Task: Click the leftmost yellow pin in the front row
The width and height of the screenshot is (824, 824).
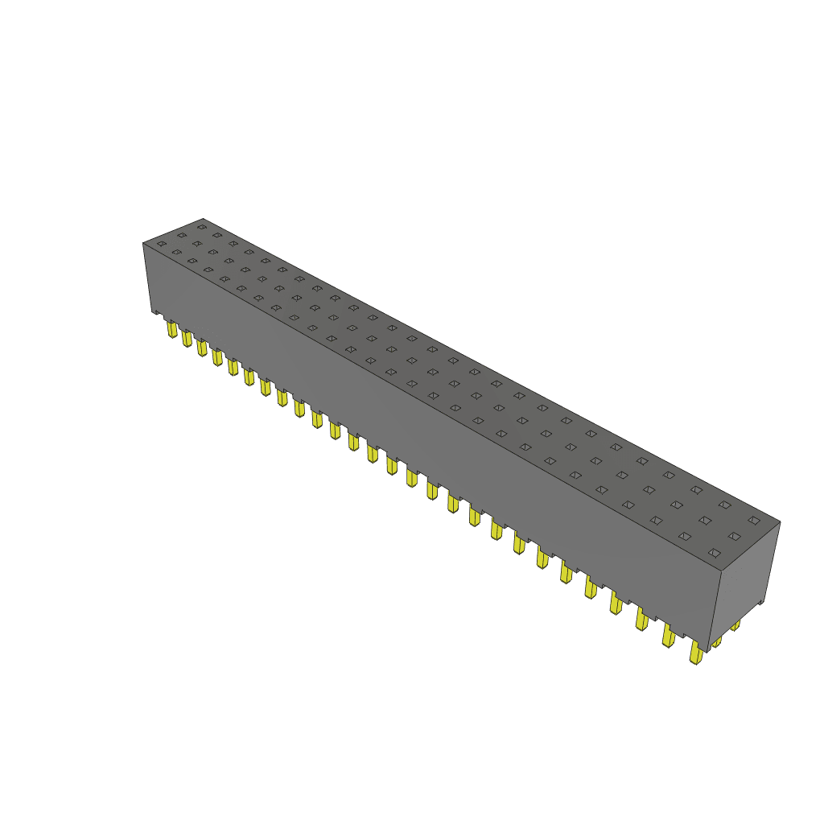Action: [x=171, y=328]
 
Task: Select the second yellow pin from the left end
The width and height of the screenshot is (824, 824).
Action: [x=187, y=338]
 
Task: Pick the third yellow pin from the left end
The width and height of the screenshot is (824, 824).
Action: [x=202, y=348]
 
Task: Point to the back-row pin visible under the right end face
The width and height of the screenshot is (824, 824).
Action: [x=735, y=624]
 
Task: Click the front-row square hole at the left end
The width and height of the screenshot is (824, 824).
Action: [x=161, y=244]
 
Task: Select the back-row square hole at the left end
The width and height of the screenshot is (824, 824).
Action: [x=201, y=227]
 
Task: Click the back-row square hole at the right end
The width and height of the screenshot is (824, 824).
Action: [x=754, y=520]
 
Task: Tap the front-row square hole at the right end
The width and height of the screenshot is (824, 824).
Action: [x=714, y=553]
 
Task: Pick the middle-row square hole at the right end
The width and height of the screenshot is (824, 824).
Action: [x=734, y=536]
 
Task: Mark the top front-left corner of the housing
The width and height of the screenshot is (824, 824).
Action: [x=143, y=242]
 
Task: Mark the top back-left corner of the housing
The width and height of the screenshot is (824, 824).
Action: [x=203, y=217]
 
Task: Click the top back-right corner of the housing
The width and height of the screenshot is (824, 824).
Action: [x=780, y=522]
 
